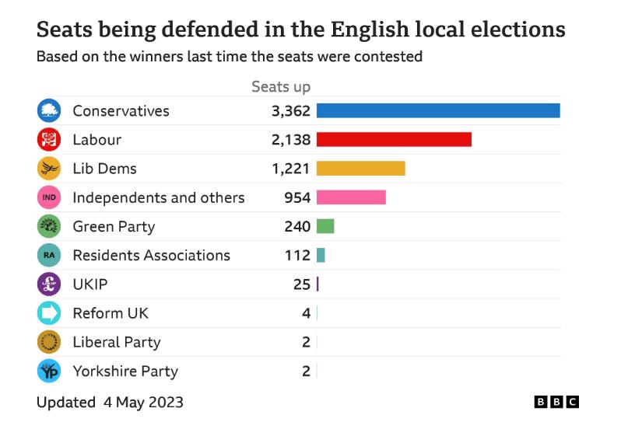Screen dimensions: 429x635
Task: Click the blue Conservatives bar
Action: tap(438, 111)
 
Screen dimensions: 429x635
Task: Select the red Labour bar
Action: tap(394, 140)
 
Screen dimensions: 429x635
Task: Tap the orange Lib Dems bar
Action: tap(360, 169)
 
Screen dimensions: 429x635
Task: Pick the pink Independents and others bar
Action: tap(351, 197)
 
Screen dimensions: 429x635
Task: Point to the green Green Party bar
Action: tap(325, 226)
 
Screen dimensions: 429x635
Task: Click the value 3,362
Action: tap(291, 111)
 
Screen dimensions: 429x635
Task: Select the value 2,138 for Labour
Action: tap(291, 140)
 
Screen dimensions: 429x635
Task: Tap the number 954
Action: tap(297, 197)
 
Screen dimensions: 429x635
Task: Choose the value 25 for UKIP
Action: tap(302, 284)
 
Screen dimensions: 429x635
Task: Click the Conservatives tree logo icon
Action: tap(49, 111)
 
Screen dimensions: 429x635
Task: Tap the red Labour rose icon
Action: tap(49, 140)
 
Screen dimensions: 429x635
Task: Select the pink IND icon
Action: tap(49, 197)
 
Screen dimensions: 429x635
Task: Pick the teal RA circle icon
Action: tap(49, 255)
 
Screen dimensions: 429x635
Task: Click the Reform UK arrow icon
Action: tap(49, 313)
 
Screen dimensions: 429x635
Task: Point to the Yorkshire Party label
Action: tap(125, 371)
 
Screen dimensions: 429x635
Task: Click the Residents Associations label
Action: tap(152, 255)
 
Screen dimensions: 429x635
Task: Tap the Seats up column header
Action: tap(281, 86)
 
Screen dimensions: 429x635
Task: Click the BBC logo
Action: tap(556, 402)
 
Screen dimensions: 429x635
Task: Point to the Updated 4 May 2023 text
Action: tap(110, 403)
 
